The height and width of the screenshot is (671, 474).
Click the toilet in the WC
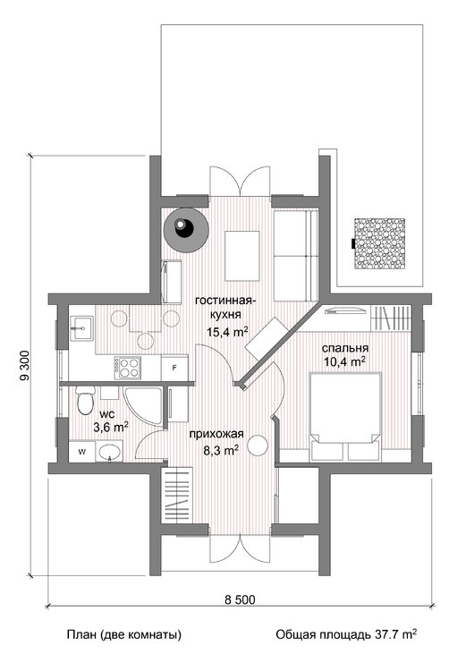(85, 400)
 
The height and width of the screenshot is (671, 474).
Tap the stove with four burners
(128, 367)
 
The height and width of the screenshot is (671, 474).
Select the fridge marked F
(174, 368)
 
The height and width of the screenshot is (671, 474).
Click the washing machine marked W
(82, 452)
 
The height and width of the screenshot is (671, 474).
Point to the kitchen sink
(80, 328)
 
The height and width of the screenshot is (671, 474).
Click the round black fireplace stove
(187, 230)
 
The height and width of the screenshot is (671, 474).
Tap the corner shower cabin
(143, 405)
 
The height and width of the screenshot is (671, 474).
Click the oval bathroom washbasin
(110, 453)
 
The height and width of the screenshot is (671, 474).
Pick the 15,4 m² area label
(228, 332)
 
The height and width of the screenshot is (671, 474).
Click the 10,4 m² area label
(345, 362)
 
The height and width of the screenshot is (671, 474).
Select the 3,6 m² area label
(111, 426)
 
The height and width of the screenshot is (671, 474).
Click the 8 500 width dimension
(240, 600)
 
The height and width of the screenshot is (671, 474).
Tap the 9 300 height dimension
(24, 365)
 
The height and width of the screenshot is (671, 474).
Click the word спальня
(345, 348)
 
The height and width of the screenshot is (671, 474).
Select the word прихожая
(216, 434)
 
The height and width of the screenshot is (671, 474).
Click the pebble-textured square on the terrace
(379, 243)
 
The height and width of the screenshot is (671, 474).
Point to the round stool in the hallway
(258, 446)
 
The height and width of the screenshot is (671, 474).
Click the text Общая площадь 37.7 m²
(346, 634)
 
